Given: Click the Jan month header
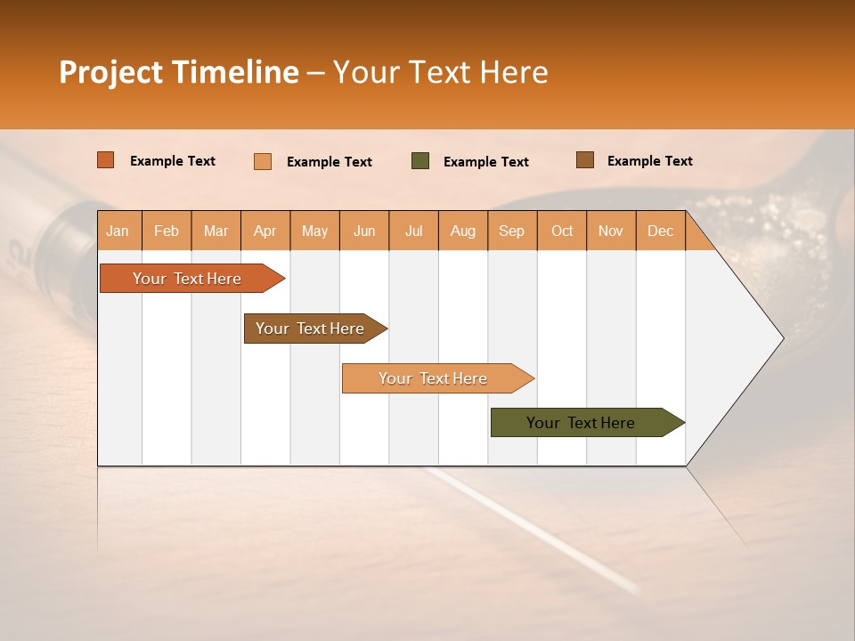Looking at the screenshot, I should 118,231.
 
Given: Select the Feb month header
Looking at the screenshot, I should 167,231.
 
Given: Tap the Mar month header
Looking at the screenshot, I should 216,231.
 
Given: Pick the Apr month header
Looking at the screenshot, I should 265,231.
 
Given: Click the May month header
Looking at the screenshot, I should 314,231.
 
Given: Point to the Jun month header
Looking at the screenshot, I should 364,231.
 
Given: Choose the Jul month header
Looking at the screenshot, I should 413,231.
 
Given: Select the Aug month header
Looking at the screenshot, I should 463,231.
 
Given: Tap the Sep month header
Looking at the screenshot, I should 512,231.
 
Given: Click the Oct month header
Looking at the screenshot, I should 562,231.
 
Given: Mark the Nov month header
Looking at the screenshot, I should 611,231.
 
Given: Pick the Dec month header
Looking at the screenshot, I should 660,231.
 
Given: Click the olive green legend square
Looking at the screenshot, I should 420,161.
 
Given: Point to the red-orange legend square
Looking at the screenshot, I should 106,160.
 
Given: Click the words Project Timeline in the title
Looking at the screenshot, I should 179,72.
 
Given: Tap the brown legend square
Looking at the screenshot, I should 585,160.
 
